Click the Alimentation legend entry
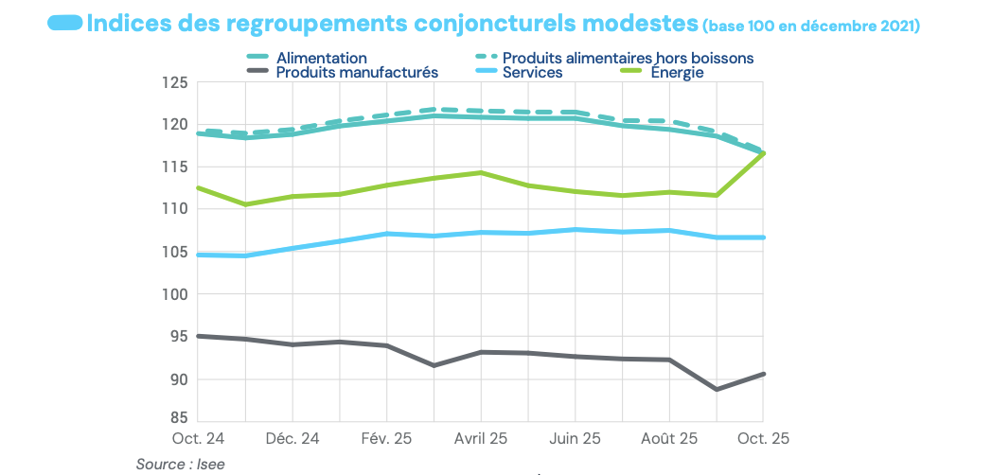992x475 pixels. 321,59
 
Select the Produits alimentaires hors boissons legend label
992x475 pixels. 628,59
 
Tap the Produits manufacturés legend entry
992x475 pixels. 357,72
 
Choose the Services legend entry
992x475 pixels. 532,72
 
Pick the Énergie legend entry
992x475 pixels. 675,72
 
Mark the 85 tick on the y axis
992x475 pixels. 175,416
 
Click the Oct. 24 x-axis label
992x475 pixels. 198,439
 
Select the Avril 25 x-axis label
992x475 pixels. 481,439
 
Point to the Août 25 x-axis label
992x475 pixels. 669,439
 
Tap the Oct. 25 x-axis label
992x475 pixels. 763,439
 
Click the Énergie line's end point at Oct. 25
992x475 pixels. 763,152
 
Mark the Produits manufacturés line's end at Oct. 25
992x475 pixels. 763,374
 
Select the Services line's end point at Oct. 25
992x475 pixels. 763,237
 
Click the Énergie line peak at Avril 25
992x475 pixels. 481,172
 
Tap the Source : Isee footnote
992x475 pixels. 181,464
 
